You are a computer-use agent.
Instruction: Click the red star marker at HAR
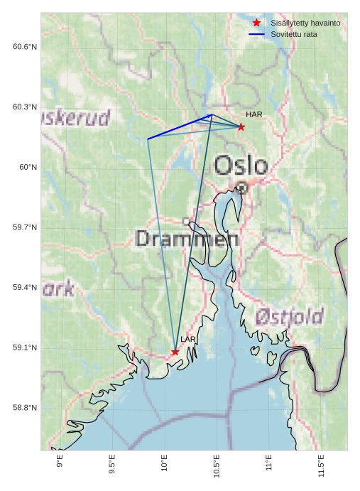click(241, 127)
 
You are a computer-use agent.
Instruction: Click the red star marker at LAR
click(175, 352)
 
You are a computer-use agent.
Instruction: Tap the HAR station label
click(254, 114)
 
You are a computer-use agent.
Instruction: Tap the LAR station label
click(187, 340)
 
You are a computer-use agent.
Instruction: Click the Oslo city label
click(241, 166)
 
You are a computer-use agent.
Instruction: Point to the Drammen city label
click(187, 239)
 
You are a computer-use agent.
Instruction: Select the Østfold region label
click(289, 316)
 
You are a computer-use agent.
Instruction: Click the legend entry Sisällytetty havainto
click(305, 23)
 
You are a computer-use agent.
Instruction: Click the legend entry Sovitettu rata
click(294, 34)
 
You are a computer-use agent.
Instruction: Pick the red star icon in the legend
click(257, 23)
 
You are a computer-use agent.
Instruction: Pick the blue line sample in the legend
click(257, 34)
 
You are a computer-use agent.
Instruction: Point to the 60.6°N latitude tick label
click(25, 47)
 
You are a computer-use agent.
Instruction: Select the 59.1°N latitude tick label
click(25, 347)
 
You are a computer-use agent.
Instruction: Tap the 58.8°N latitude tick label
click(25, 408)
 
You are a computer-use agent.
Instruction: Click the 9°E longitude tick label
click(60, 462)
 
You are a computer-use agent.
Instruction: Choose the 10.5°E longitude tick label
click(217, 465)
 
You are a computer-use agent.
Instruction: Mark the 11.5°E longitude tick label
click(322, 465)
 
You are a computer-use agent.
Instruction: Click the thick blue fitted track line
click(180, 126)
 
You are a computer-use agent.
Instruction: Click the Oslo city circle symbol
click(241, 188)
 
